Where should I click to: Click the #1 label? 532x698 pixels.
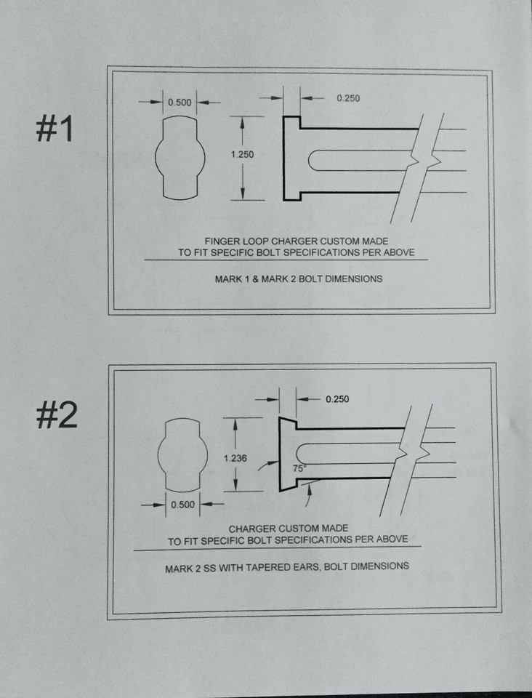(x=55, y=129)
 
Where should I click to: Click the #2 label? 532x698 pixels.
(x=56, y=416)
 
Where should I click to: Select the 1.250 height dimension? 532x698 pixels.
(x=242, y=154)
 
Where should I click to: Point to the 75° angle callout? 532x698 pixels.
(x=298, y=469)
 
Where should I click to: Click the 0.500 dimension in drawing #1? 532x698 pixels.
(x=180, y=102)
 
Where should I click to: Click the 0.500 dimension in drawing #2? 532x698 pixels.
(x=182, y=505)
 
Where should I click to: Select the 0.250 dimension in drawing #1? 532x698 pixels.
(x=348, y=98)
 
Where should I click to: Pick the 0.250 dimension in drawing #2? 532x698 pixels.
(x=339, y=399)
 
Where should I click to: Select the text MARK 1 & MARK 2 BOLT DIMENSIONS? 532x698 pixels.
(x=298, y=278)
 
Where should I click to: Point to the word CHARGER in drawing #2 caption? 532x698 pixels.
(x=252, y=529)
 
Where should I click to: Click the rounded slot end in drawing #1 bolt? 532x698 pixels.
(x=313, y=160)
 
